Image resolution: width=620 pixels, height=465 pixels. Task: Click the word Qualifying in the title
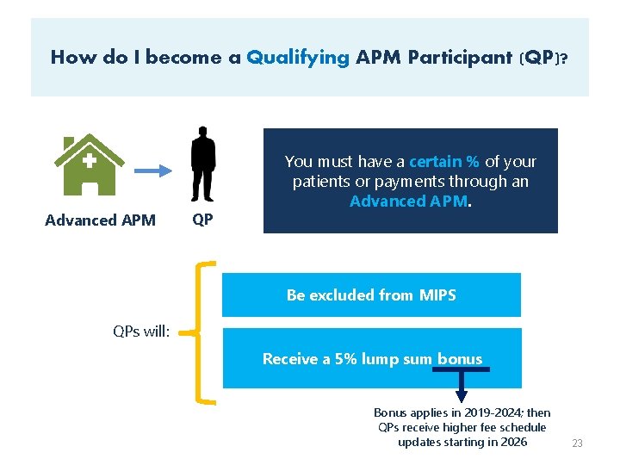(x=298, y=58)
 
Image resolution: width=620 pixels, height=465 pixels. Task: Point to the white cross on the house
(x=89, y=160)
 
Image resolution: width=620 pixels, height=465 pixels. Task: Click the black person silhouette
(x=203, y=164)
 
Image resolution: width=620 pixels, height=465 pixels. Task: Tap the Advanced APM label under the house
(x=100, y=220)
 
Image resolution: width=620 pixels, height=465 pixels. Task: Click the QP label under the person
(x=203, y=220)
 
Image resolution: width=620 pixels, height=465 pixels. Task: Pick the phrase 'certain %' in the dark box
(x=444, y=161)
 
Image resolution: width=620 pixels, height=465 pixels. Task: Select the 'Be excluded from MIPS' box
(x=371, y=294)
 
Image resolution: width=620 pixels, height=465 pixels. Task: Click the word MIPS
(x=437, y=294)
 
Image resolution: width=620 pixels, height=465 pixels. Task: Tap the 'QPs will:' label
(x=141, y=331)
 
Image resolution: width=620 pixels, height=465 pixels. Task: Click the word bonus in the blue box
(x=460, y=358)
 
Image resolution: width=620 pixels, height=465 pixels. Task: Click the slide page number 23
(x=577, y=443)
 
